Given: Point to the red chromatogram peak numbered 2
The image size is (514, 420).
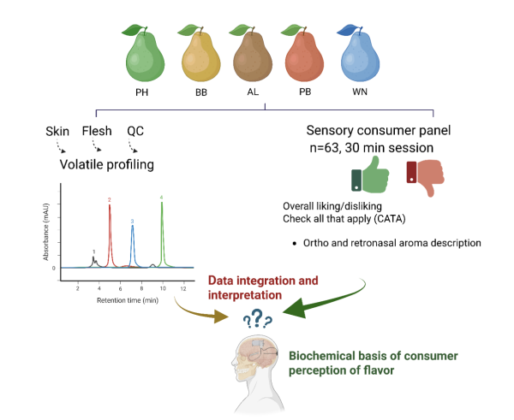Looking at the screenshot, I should pos(110,231).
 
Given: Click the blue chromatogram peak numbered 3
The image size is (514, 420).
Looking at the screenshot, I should pos(132,244).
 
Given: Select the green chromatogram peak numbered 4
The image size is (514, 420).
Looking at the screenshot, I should pos(162,231).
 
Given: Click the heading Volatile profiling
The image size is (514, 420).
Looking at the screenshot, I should pos(106,164).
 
